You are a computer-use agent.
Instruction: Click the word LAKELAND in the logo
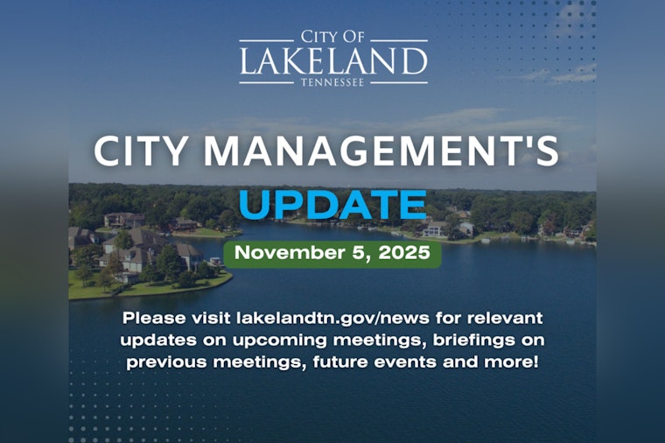(x=333, y=61)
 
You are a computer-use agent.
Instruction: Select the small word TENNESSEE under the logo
(x=333, y=83)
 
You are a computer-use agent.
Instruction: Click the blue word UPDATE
(x=332, y=203)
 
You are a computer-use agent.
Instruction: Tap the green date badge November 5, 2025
(x=332, y=254)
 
